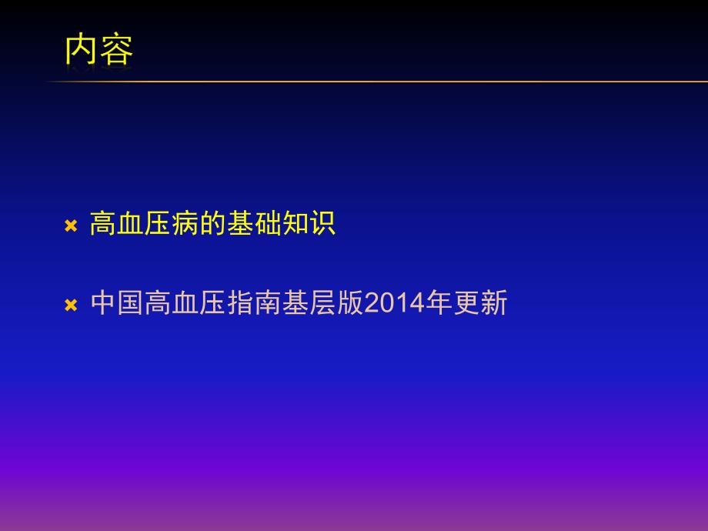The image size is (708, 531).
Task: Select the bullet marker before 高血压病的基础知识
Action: [x=71, y=225]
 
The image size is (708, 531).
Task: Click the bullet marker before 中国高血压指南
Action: [x=71, y=305]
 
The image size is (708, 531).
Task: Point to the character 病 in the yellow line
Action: [x=185, y=224]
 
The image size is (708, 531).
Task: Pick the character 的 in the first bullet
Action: [x=212, y=224]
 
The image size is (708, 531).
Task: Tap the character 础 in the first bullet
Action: [x=267, y=224]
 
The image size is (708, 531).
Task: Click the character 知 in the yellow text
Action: [x=295, y=224]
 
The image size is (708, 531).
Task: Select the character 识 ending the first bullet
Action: [x=322, y=224]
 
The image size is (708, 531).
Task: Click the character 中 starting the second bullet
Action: [x=103, y=303]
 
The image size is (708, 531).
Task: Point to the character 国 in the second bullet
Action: [x=131, y=303]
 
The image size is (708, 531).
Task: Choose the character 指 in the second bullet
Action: [x=239, y=303]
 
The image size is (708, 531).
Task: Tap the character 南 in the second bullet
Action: [x=267, y=303]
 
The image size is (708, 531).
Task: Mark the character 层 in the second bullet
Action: [x=322, y=303]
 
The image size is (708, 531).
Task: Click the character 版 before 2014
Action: [x=349, y=303]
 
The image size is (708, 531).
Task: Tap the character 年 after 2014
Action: [x=438, y=303]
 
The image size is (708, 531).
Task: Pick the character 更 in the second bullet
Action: [x=466, y=303]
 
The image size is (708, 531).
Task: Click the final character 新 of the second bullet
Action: [x=493, y=303]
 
